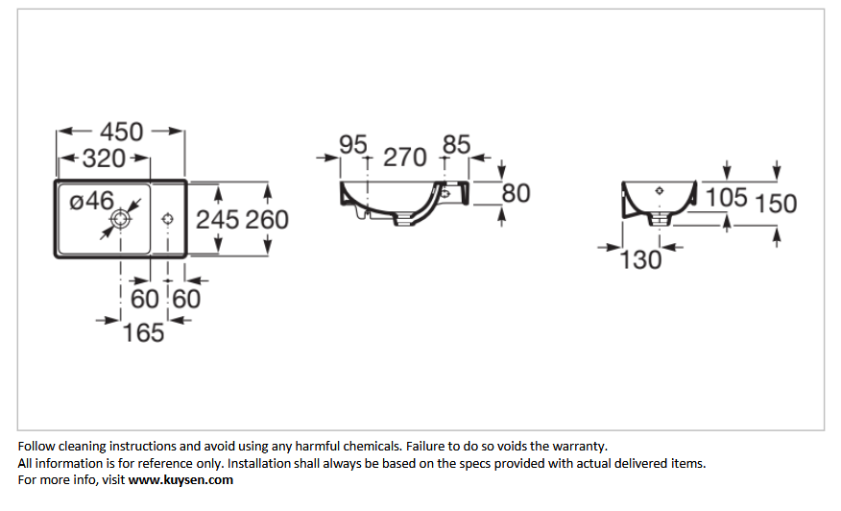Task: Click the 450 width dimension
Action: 122,132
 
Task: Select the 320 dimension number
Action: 104,158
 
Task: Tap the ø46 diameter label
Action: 92,201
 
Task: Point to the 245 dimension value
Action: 217,220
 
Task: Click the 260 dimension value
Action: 267,220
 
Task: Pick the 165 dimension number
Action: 143,332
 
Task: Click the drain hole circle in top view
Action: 121,219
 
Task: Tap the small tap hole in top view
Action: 167,219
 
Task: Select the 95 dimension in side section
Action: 353,144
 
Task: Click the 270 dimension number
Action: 405,158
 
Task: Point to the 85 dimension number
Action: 456,144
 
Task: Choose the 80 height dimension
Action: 516,193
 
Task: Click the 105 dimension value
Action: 726,198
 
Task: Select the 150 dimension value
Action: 776,204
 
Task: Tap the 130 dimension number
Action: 640,260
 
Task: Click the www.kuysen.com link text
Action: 180,480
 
